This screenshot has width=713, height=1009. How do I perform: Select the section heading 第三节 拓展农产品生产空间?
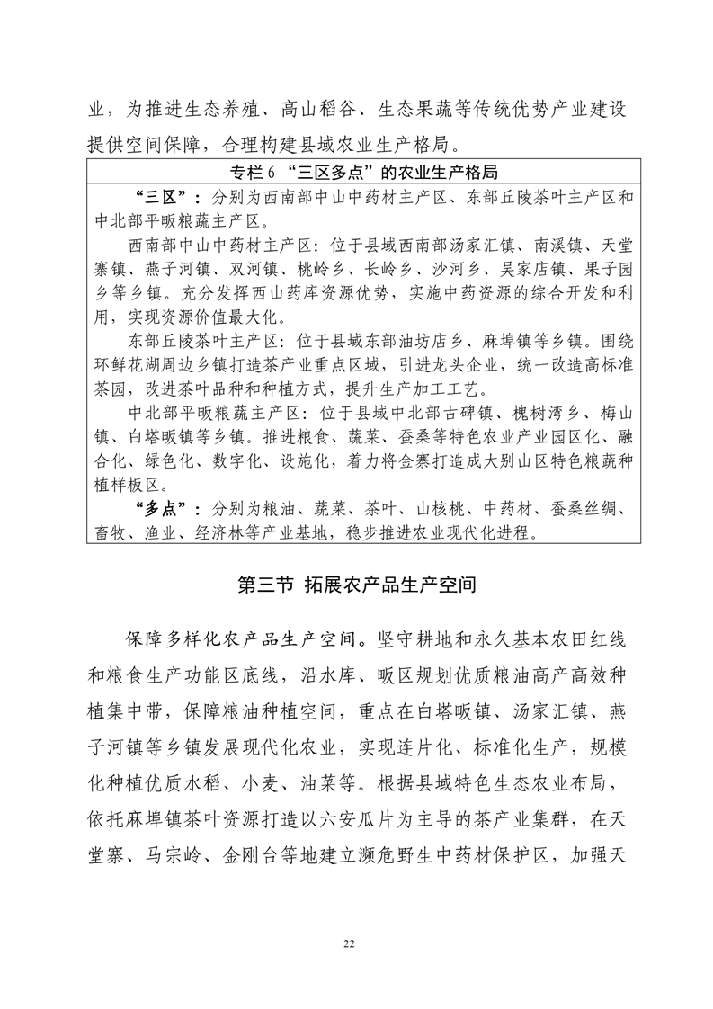pyautogui.click(x=355, y=585)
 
